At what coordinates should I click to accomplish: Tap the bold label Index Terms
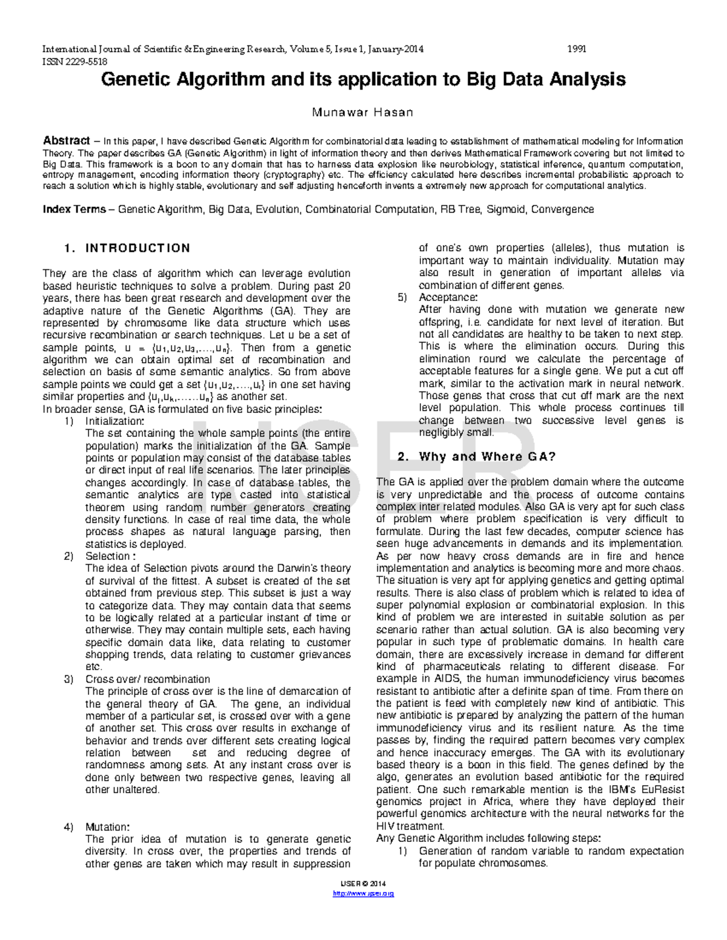[x=74, y=209]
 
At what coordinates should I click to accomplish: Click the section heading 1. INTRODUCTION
[x=127, y=248]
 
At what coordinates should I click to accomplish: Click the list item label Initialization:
[x=115, y=421]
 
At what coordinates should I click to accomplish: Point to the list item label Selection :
[x=110, y=556]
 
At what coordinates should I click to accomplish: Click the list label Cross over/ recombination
[x=147, y=679]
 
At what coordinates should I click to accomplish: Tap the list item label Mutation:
[x=107, y=827]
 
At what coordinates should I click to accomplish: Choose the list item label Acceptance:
[x=448, y=297]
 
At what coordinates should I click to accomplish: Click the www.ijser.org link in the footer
[x=363, y=893]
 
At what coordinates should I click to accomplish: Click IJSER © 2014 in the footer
[x=363, y=884]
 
